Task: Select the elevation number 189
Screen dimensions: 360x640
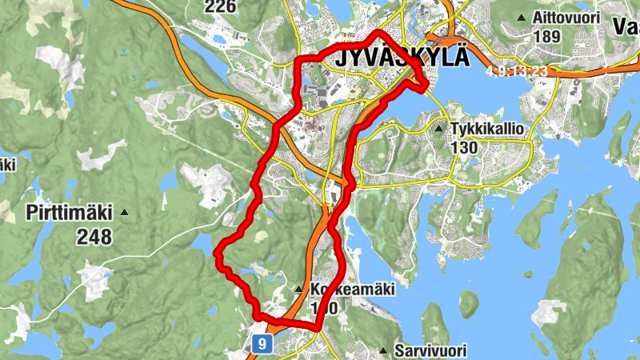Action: point(546,36)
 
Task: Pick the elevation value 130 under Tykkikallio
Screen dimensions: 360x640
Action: point(464,148)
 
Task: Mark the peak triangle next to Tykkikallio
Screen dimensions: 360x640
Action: point(438,128)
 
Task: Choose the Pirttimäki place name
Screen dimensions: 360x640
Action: point(70,214)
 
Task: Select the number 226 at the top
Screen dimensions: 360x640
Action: point(221,7)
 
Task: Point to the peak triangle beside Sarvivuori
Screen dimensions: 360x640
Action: point(384,351)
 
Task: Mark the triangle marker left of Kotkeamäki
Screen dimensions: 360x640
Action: point(299,289)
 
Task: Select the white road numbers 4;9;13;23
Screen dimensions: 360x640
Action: point(518,71)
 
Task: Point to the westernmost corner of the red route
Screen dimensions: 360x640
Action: point(217,253)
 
